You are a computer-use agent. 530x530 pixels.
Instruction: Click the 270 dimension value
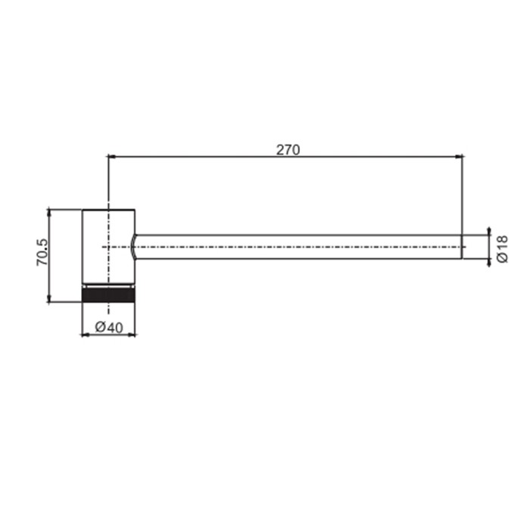pos(288,149)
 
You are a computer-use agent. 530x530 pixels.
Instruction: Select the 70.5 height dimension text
pos(42,254)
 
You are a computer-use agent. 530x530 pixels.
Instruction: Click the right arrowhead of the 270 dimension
pos(458,157)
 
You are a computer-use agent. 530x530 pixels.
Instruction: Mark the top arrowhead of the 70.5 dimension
pos(49,212)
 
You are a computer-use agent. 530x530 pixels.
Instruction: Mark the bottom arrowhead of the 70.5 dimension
pos(49,298)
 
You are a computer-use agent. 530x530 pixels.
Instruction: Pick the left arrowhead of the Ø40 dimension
pos(86,334)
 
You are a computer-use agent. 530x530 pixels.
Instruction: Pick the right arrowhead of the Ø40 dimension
pos(131,334)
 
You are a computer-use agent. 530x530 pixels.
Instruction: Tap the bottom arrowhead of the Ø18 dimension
pos(489,263)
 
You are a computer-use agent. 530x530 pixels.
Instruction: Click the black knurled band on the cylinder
pos(108,294)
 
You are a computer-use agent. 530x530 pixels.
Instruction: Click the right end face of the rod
pos(462,247)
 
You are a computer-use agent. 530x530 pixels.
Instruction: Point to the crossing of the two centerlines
pos(108,247)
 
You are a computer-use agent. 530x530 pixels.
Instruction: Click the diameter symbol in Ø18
pos(503,258)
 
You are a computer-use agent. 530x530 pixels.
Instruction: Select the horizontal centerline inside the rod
pos(303,247)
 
